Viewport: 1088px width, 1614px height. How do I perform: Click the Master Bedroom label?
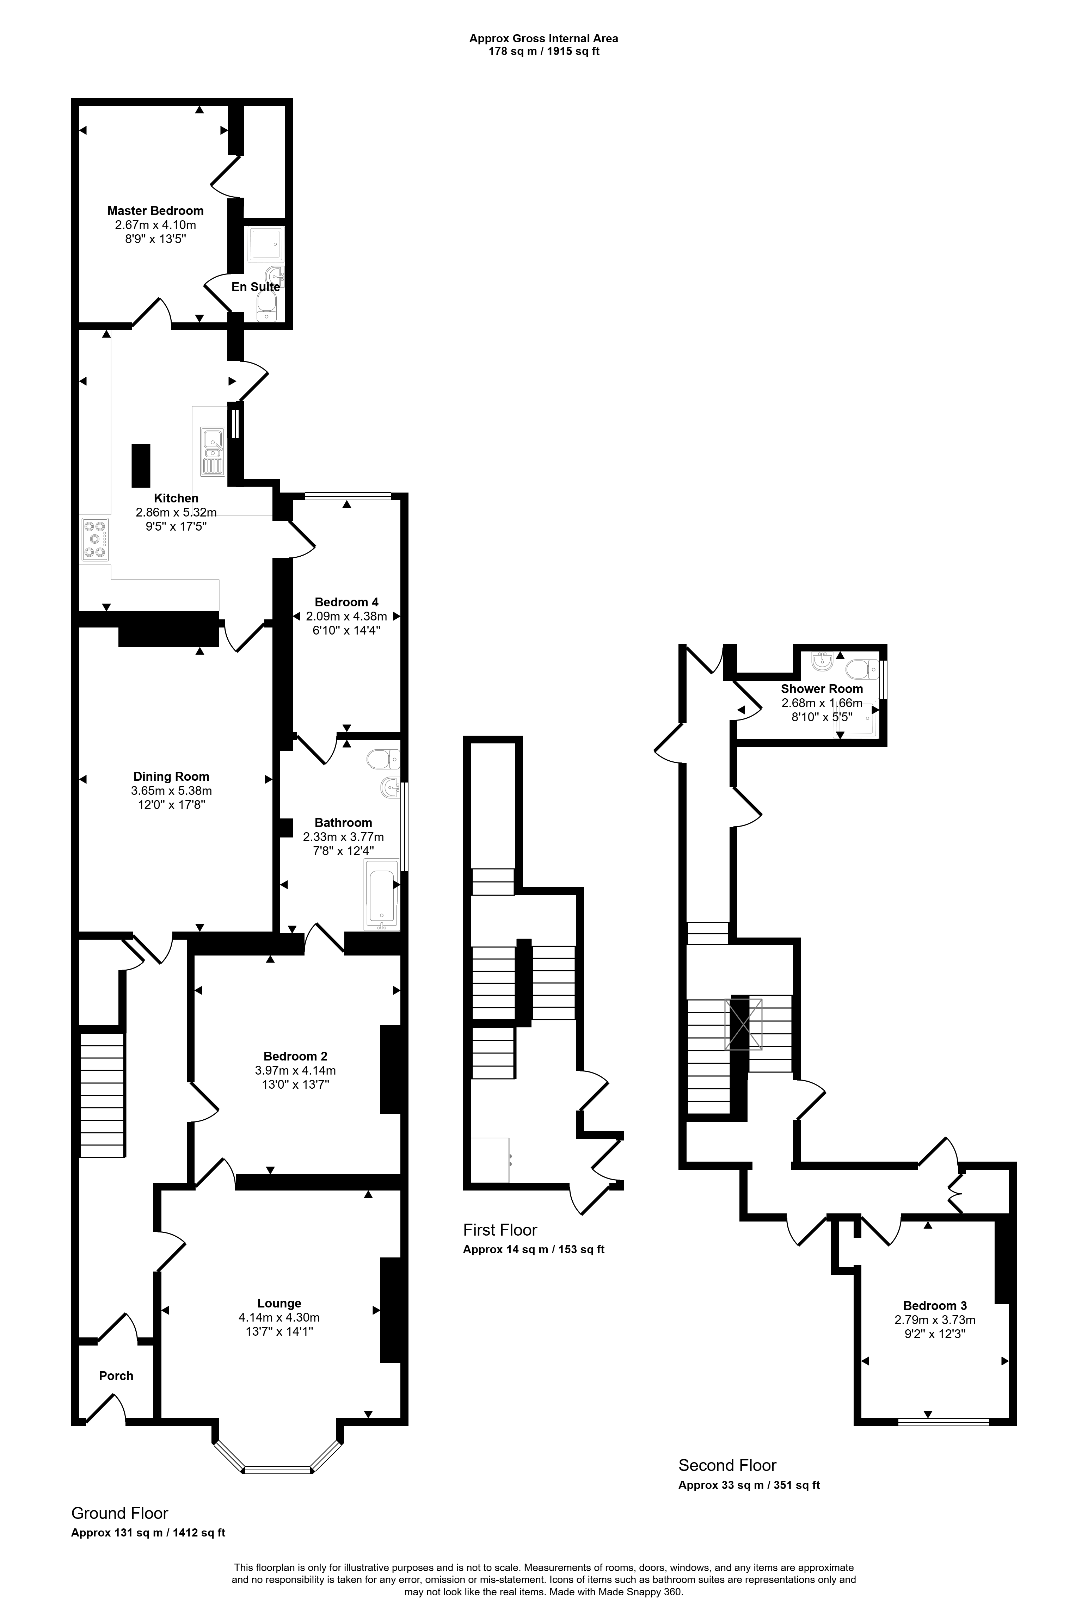click(x=155, y=211)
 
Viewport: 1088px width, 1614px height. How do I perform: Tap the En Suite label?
click(x=255, y=286)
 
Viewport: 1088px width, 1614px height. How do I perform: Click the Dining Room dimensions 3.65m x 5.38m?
click(x=171, y=791)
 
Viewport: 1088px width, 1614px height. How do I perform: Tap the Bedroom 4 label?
click(x=346, y=602)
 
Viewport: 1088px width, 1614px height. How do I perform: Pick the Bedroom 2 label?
click(x=296, y=1056)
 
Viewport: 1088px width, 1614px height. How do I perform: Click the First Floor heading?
click(x=500, y=1230)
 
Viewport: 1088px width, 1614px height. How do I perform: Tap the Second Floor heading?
click(x=727, y=1465)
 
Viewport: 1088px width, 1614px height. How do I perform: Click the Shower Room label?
click(x=822, y=689)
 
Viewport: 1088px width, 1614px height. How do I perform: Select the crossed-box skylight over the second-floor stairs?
click(x=743, y=1024)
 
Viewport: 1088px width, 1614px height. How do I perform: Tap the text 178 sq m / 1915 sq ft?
click(x=543, y=51)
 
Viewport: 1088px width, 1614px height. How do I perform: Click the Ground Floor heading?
click(x=120, y=1513)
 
